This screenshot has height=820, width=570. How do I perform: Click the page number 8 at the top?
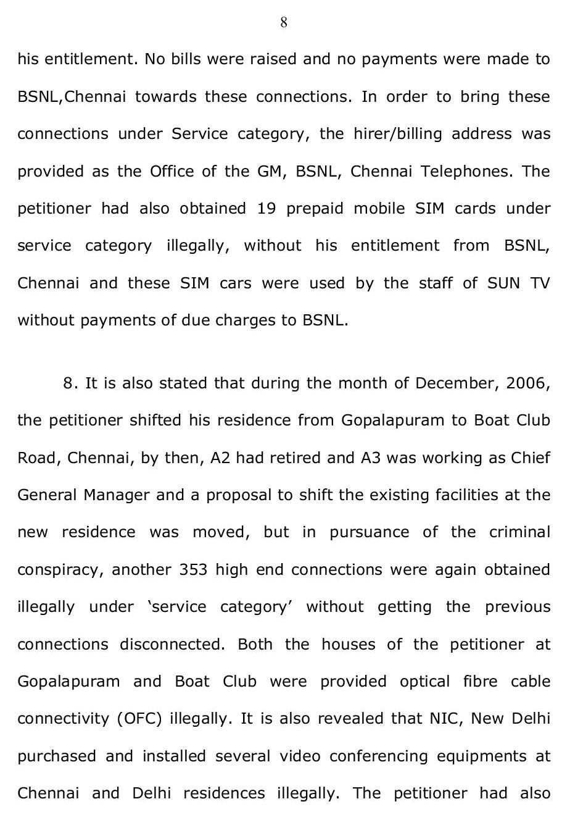[284, 23]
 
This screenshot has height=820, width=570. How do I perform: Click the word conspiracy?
[60, 569]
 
